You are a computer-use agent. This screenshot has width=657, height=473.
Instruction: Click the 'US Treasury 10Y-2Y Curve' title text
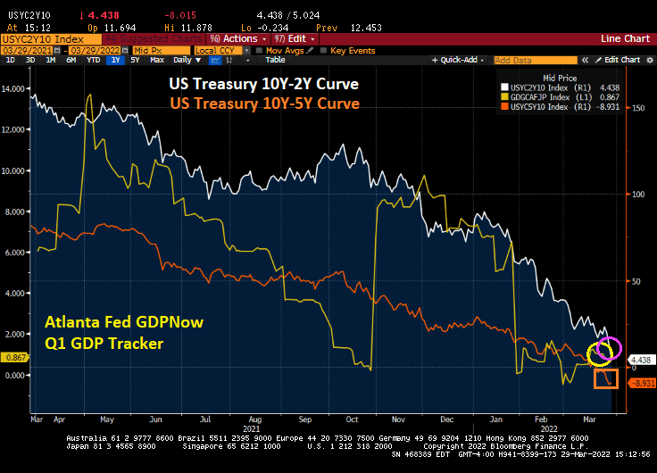(x=263, y=83)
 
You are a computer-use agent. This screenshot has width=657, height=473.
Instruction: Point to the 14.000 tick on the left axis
(x=15, y=89)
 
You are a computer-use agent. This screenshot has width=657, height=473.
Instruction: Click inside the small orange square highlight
(x=606, y=378)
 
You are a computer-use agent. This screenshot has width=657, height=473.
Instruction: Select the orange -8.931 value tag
(x=643, y=383)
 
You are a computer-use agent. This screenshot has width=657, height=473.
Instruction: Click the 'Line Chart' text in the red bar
(x=625, y=39)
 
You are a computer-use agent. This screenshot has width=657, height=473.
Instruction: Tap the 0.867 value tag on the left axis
(x=15, y=357)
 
